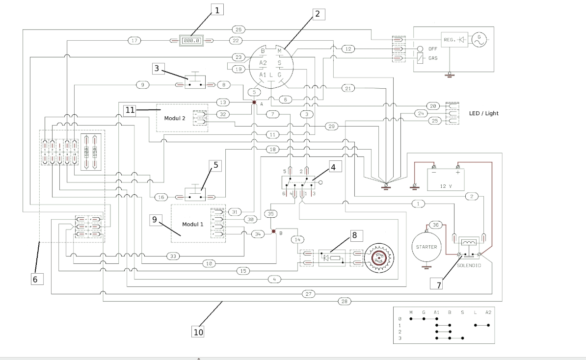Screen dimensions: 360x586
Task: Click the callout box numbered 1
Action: tap(217, 9)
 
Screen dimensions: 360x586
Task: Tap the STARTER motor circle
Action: tap(426, 247)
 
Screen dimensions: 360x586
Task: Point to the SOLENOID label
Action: tap(468, 265)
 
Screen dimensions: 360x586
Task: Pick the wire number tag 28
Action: tap(345, 301)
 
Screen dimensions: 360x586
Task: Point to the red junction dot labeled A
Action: tap(254, 103)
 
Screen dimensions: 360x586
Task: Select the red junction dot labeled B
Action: tap(275, 230)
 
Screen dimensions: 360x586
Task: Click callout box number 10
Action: tap(198, 332)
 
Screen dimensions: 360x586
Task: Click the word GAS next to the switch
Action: tap(433, 57)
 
